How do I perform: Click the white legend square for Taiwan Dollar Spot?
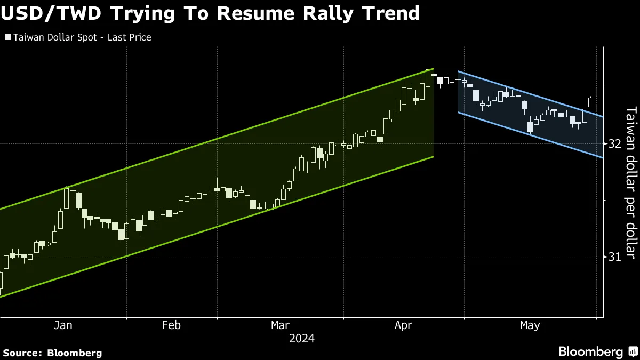[7, 37]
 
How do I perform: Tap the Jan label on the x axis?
[63, 325]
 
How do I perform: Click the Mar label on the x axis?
[281, 325]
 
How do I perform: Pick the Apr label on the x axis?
[403, 325]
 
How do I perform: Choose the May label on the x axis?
[530, 325]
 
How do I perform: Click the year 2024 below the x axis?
[301, 339]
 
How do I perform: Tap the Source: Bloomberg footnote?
[52, 353]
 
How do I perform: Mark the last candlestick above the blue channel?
[590, 101]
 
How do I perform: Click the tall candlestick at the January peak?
[67, 198]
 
